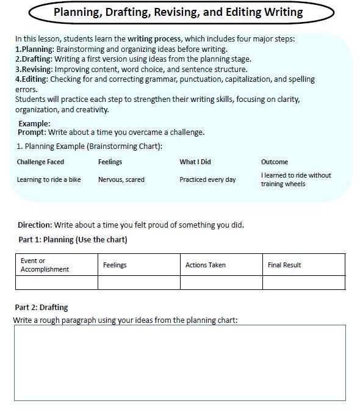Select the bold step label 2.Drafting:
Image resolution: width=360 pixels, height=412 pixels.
(x=34, y=59)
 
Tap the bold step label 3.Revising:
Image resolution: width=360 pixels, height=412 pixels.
(x=35, y=69)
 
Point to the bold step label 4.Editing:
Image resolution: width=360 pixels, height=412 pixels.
(x=32, y=79)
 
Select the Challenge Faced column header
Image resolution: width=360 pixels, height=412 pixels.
(x=40, y=162)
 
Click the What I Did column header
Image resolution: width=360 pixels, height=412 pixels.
(x=195, y=162)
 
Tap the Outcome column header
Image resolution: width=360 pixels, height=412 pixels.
(x=275, y=162)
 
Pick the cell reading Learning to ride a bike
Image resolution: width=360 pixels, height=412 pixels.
(x=49, y=179)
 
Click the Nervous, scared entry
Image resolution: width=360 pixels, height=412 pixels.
(x=121, y=179)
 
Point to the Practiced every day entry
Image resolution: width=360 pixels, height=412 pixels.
(x=207, y=179)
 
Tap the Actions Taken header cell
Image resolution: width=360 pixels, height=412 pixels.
(x=206, y=265)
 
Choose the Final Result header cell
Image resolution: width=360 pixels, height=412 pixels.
(x=284, y=265)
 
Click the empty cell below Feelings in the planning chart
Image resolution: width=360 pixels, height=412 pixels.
(x=139, y=282)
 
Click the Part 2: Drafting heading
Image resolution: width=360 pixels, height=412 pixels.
(x=41, y=307)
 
